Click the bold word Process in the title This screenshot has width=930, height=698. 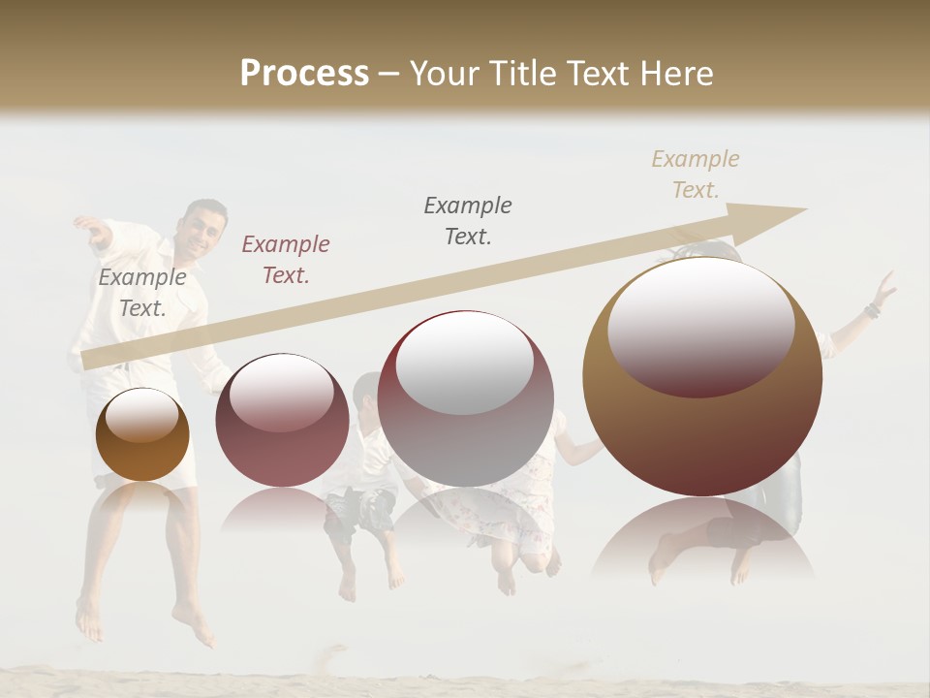(304, 74)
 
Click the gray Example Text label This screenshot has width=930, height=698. (142, 293)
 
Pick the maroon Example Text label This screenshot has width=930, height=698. (286, 260)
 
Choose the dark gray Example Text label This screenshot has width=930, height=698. (468, 221)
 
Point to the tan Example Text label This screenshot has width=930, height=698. (696, 174)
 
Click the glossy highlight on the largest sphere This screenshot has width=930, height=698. (700, 325)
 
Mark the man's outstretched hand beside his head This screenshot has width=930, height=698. (91, 228)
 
